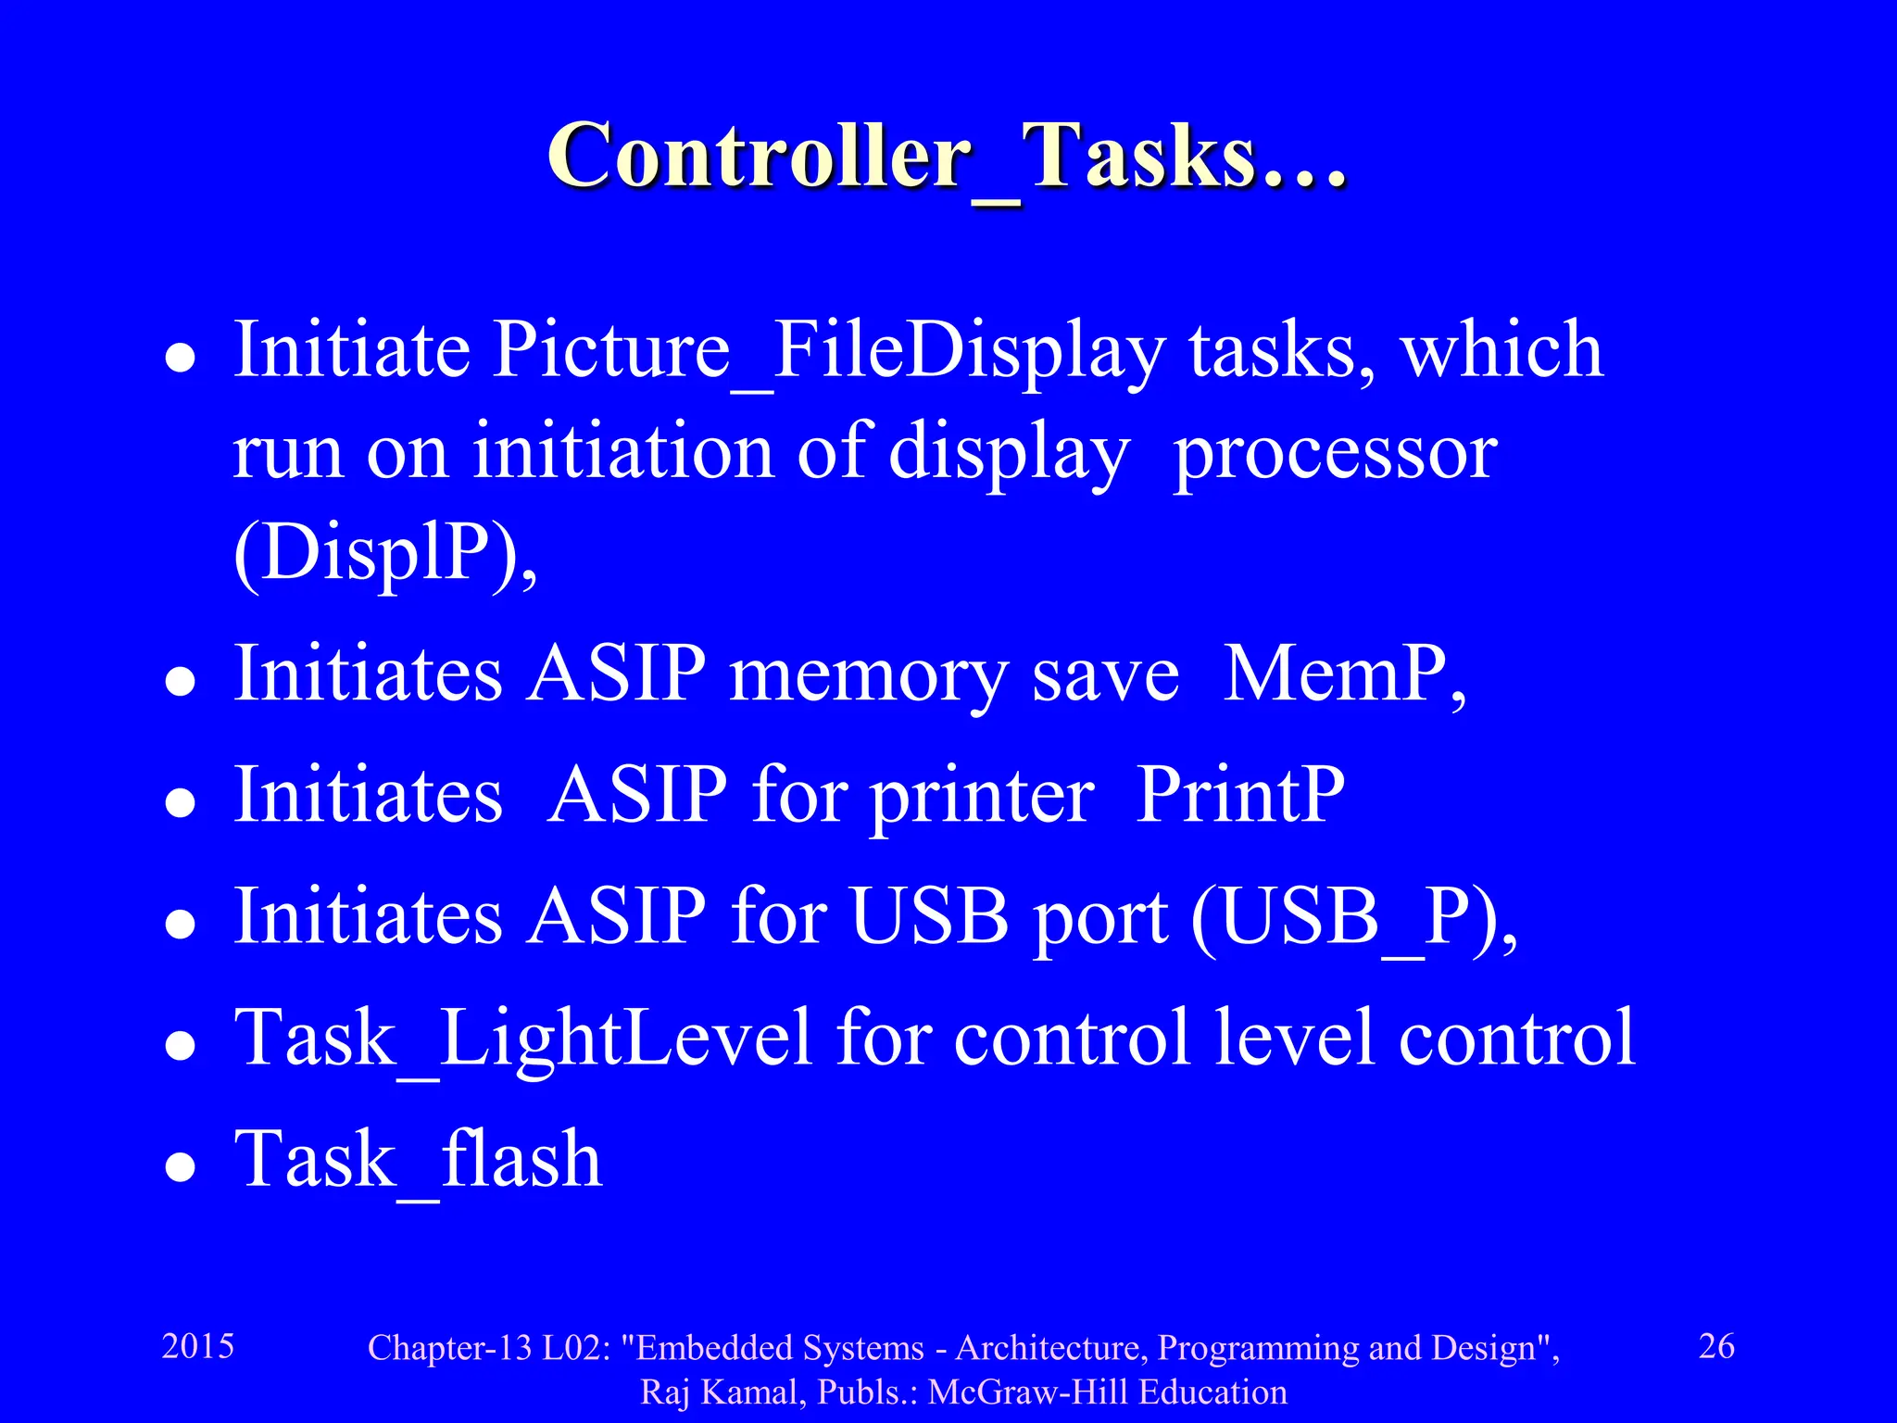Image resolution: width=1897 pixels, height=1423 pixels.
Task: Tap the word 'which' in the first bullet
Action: (1501, 350)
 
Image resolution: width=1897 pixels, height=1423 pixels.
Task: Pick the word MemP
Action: (1343, 674)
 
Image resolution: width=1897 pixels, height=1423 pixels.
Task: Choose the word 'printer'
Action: (982, 797)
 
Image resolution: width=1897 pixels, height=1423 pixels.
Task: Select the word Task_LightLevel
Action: (523, 1039)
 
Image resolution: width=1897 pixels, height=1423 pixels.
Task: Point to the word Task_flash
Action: (418, 1160)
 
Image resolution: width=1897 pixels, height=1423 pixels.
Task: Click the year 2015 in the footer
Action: (197, 1346)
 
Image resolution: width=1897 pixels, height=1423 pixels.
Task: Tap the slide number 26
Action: (1715, 1346)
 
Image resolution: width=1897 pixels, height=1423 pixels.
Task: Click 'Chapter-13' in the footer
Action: (450, 1348)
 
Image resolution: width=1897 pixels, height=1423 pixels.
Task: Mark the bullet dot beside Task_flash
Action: (180, 1167)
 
